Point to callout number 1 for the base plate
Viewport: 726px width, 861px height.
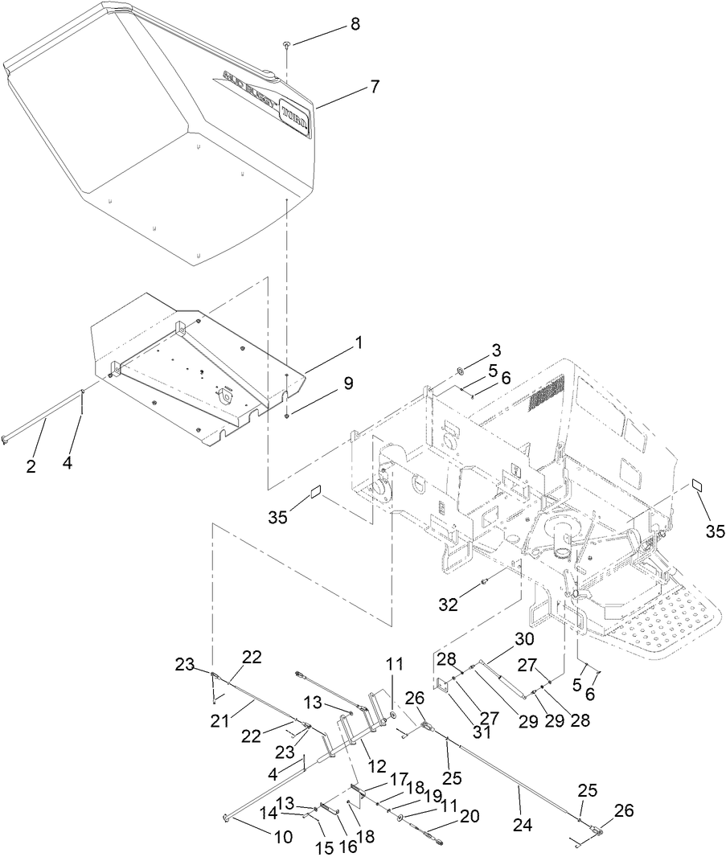358,342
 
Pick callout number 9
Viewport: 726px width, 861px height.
347,383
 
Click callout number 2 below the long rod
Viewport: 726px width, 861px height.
31,465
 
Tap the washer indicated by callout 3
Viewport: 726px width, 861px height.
460,371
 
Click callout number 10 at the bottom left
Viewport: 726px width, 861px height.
283,837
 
